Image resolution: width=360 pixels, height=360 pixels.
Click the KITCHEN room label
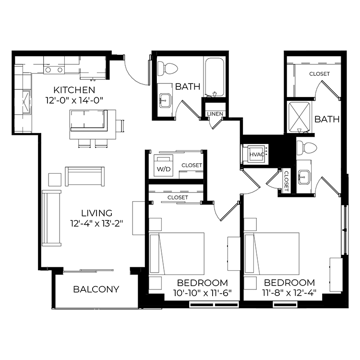point(74,90)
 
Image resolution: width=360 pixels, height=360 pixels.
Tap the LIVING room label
point(96,213)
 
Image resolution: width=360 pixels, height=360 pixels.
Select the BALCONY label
point(96,289)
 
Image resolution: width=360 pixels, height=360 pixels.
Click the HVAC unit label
point(257,155)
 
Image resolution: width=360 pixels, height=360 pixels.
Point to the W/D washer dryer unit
point(164,166)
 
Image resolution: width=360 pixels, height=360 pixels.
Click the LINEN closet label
point(215,114)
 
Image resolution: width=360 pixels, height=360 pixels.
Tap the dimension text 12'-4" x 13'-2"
point(96,223)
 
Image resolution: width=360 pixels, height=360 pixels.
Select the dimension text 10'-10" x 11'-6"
point(202,293)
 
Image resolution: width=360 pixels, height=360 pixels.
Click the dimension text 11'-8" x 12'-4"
point(289,293)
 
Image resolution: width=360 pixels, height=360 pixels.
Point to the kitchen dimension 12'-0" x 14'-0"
point(74,100)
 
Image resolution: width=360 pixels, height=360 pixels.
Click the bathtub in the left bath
point(215,77)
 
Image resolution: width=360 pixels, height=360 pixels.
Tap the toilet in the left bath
point(168,69)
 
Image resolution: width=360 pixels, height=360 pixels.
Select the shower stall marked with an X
point(299,118)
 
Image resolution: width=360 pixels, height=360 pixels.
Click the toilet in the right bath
point(307,148)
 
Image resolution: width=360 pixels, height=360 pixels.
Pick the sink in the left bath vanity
point(165,100)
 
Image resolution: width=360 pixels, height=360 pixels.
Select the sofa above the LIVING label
point(84,176)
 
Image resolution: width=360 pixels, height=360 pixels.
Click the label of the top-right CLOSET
point(319,74)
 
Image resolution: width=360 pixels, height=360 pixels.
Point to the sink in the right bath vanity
point(304,177)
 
